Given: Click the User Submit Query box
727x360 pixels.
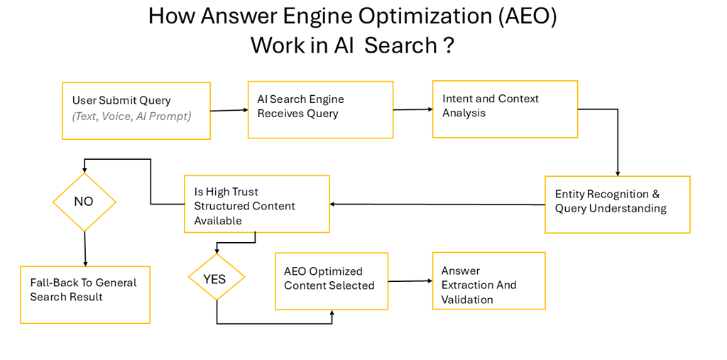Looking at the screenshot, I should (x=136, y=110).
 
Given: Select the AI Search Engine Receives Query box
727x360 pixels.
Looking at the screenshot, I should (x=320, y=109).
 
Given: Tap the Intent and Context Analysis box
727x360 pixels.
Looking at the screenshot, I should (x=505, y=109).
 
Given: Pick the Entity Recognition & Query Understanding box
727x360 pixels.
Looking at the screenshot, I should (x=617, y=204).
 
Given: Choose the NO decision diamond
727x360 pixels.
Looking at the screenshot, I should (x=84, y=202).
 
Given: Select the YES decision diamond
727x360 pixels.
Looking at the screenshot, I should (x=216, y=278).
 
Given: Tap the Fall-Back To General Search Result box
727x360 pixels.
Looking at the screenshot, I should (x=85, y=295).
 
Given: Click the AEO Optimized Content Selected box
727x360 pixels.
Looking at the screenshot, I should (x=332, y=280).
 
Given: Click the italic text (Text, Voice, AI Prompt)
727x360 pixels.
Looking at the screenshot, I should (x=132, y=116).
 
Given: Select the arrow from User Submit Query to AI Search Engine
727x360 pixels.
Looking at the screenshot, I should (x=229, y=110).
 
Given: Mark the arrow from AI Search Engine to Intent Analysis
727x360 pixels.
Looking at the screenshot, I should (x=412, y=109).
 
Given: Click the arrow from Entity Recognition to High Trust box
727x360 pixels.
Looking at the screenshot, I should (x=437, y=204).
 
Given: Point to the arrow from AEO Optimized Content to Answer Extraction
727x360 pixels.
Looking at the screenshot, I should (x=410, y=281).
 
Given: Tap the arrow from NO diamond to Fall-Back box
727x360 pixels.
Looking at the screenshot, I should (x=85, y=249).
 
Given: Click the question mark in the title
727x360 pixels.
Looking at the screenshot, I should (x=448, y=45).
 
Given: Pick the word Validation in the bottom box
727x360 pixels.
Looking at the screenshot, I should (x=467, y=300).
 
